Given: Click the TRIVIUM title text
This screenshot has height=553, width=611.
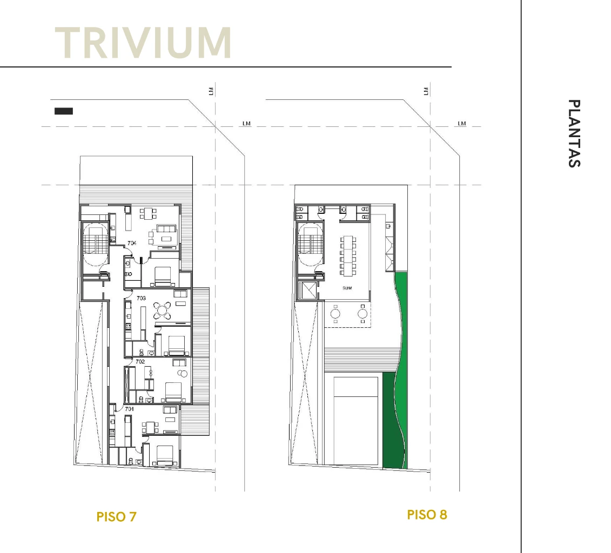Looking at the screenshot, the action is (143, 43).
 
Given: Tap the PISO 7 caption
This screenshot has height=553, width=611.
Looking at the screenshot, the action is (117, 517).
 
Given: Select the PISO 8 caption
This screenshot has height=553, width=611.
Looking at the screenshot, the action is (427, 515).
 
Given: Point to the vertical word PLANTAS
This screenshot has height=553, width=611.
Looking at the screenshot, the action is (574, 133).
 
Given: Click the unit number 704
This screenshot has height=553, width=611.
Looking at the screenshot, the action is (132, 243).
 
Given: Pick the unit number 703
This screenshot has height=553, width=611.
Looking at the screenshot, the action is (141, 298).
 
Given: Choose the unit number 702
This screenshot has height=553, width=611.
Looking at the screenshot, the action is (140, 361).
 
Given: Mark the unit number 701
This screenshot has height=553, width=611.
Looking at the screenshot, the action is (129, 409).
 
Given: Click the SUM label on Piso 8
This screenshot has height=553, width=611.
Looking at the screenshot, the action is (347, 288).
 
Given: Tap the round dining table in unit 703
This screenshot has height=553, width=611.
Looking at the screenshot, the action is (162, 311).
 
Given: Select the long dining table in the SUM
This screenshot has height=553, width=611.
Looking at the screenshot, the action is (347, 255).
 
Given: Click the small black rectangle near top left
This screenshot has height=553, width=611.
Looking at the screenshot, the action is (64, 111).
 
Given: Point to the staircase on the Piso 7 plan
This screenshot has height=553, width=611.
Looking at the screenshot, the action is (95, 240).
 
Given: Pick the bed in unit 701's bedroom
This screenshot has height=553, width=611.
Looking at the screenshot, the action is (165, 455).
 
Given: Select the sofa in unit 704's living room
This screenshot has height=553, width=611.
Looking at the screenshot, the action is (167, 228).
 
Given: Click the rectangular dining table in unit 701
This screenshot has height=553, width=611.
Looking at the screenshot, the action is (150, 427).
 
